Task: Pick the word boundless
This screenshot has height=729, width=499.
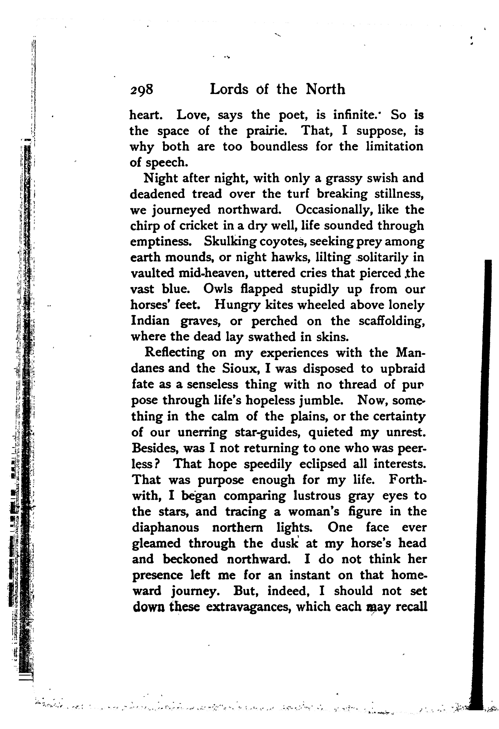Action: coord(279,147)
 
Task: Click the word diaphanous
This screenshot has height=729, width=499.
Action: coord(165,527)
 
